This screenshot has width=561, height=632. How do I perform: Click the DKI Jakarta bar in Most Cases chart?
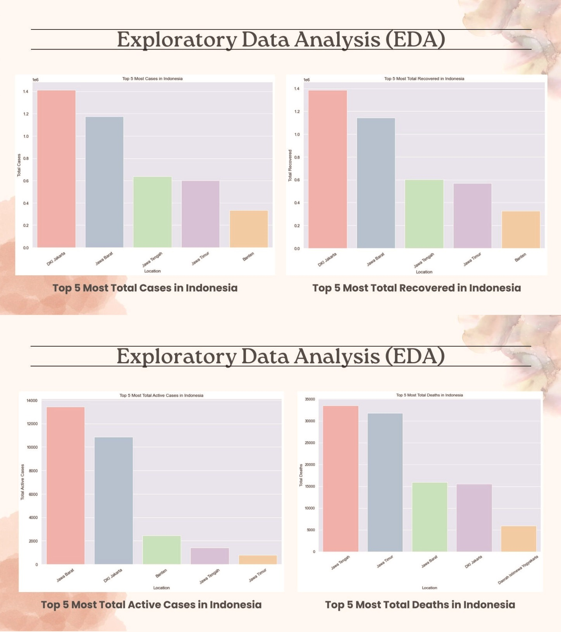pos(56,169)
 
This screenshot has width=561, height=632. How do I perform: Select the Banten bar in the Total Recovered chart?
pos(521,230)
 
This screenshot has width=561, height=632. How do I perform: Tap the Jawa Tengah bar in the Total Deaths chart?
pos(341,479)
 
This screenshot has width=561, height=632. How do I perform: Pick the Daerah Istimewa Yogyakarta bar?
pos(518,539)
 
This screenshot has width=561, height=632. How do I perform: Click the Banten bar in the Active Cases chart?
pos(162,550)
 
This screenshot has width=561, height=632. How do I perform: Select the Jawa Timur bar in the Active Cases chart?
pos(258,560)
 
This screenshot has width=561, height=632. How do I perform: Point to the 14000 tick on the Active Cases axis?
pos(32,400)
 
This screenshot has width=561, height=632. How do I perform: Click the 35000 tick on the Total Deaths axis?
pos(310,399)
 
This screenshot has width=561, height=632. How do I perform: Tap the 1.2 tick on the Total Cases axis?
pos(26,114)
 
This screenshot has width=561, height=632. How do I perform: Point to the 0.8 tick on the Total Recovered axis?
pos(297,157)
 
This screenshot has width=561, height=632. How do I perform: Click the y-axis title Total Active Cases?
pos(22,482)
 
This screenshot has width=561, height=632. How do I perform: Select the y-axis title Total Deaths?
pos(301,475)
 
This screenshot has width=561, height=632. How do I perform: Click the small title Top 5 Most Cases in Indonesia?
pos(152,79)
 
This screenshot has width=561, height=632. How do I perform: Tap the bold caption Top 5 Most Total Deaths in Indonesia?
pos(420,605)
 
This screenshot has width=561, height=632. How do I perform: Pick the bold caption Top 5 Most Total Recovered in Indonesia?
pos(416,288)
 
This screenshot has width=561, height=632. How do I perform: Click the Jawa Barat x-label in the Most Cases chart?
pos(104,259)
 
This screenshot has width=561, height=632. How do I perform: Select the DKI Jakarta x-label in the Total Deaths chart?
pos(473,562)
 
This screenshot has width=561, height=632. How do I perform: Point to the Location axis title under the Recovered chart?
pos(424,272)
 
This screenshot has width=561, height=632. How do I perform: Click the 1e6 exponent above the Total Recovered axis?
pos(306,80)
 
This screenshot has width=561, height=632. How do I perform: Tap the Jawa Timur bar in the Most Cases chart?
pos(200,214)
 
